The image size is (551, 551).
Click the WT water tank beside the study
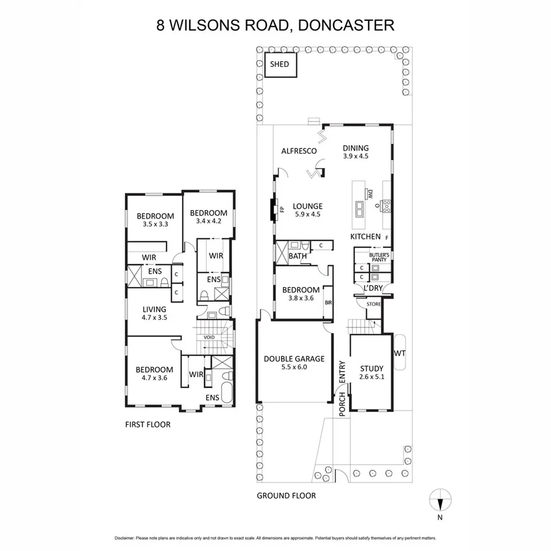click(400, 353)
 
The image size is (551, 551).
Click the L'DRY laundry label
click(373, 287)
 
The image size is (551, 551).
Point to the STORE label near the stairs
click(373, 304)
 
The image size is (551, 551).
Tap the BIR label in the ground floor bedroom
click(328, 302)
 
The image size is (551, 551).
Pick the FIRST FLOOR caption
click(148, 424)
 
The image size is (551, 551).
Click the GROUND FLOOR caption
click(286, 495)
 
